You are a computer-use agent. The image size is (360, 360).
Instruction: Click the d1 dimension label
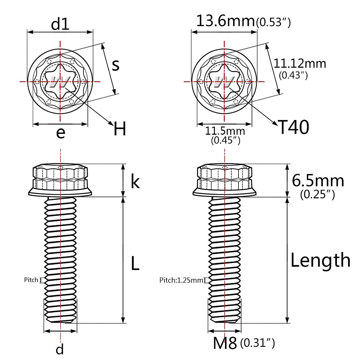pyautogui.click(x=60, y=24)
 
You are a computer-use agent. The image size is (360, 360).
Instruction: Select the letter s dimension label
pyautogui.click(x=115, y=65)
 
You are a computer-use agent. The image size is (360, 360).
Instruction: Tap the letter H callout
pyautogui.click(x=120, y=129)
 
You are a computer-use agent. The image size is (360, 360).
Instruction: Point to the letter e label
pyautogui.click(x=61, y=132)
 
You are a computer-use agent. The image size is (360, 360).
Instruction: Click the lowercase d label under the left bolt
pyautogui.click(x=60, y=349)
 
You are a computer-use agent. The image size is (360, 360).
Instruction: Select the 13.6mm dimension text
pyautogui.click(x=225, y=21)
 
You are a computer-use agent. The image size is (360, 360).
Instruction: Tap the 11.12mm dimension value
pyautogui.click(x=300, y=64)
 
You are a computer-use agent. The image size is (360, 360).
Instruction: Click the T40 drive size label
pyautogui.click(x=294, y=127)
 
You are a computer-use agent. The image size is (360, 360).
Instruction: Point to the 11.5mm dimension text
pyautogui.click(x=225, y=131)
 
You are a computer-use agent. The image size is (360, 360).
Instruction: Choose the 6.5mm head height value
pyautogui.click(x=318, y=181)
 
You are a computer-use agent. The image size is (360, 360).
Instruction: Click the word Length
pyautogui.click(x=320, y=260)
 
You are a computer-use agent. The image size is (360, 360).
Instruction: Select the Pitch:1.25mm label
pyautogui.click(x=181, y=280)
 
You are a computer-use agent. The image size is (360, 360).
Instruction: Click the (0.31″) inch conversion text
pyautogui.click(x=258, y=343)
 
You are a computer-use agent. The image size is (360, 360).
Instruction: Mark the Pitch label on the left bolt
pyautogui.click(x=31, y=280)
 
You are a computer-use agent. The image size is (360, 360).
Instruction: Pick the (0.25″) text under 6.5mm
pyautogui.click(x=317, y=195)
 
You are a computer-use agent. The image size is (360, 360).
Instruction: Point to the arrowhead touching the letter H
pyautogui.click(x=111, y=123)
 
